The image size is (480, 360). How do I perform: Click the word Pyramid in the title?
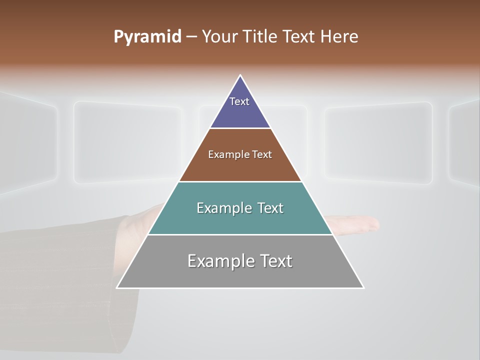tap(147, 37)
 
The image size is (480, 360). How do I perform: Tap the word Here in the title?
tap(339, 37)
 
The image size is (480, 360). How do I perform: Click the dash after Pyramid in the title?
tap(191, 37)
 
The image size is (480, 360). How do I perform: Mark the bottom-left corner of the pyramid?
tap(117, 287)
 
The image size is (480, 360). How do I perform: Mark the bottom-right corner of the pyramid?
tap(363, 287)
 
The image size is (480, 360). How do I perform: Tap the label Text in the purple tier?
tap(239, 101)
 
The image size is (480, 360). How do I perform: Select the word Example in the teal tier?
tap(222, 208)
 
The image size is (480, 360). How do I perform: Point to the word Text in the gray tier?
tap(274, 261)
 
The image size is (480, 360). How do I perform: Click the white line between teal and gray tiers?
tap(240, 234)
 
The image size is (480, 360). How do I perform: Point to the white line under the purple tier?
tap(240, 128)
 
